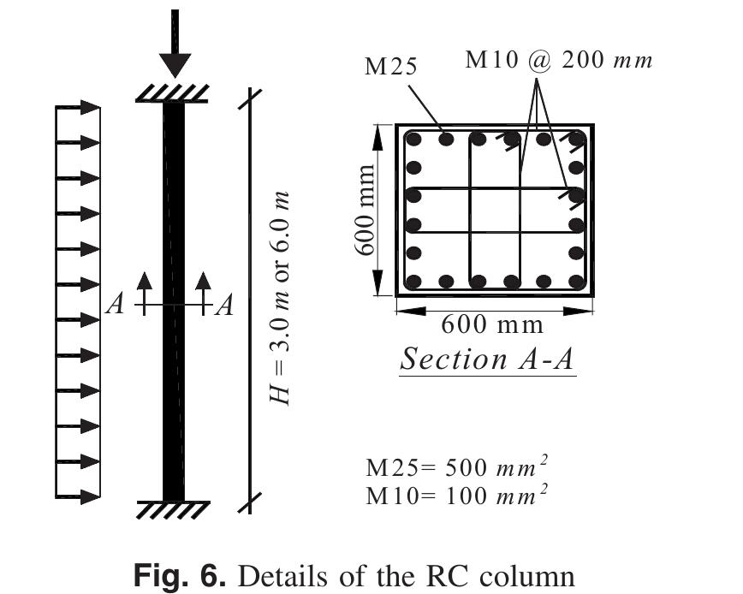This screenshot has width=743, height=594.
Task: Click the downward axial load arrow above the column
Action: (x=175, y=47)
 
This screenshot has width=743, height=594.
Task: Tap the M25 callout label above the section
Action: (x=390, y=67)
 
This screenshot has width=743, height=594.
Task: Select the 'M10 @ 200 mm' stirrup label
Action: (x=558, y=60)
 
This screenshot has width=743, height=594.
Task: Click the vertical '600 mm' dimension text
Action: (x=366, y=210)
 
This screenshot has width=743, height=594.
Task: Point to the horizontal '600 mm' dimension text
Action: (x=494, y=324)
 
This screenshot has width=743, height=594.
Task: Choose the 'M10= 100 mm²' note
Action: (x=457, y=495)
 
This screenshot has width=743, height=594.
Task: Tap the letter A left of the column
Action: (x=116, y=305)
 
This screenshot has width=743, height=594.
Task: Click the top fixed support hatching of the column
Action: (x=174, y=93)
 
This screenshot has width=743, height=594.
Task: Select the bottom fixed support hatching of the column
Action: (x=174, y=509)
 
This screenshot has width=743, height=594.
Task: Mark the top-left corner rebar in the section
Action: (x=414, y=139)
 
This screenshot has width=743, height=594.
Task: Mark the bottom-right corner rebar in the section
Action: (x=575, y=281)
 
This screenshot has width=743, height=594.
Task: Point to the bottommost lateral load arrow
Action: (x=79, y=495)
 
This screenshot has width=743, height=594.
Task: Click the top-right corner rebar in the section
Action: (x=575, y=139)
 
